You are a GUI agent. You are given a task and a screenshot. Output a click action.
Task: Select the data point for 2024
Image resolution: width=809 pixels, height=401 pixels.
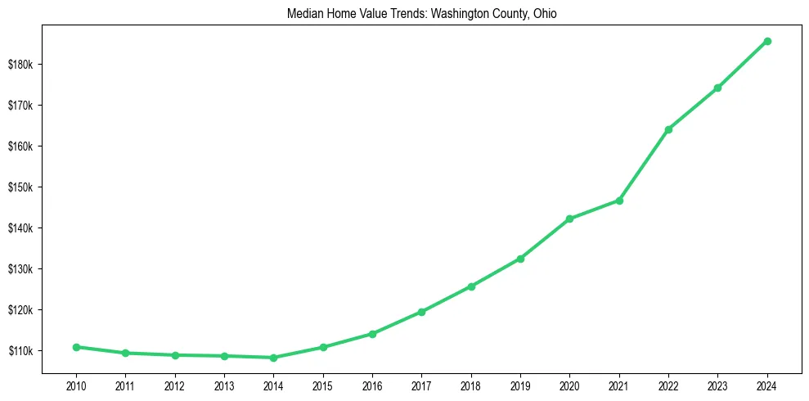tap(767, 41)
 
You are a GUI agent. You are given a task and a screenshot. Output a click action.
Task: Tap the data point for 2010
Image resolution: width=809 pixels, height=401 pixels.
tap(76, 347)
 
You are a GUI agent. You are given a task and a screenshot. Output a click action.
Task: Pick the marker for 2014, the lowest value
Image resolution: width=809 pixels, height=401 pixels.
tap(273, 358)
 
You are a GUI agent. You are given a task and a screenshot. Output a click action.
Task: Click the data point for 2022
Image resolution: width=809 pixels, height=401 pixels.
tap(668, 129)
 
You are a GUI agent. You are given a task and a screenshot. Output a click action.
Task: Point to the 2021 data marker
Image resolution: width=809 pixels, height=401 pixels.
tap(619, 200)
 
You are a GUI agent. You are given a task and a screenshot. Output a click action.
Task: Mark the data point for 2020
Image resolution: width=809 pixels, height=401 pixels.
tap(569, 219)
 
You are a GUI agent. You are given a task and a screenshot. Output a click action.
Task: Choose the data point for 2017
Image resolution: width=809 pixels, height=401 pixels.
tap(421, 312)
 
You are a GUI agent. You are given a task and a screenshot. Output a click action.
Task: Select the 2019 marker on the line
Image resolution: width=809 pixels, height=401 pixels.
tap(520, 259)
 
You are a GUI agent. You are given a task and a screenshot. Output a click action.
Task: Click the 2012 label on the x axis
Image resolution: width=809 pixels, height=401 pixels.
tap(174, 384)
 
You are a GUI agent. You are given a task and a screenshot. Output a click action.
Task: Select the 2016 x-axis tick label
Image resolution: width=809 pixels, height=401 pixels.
tap(372, 384)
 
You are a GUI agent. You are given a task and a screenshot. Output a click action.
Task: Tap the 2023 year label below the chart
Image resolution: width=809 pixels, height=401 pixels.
tap(717, 384)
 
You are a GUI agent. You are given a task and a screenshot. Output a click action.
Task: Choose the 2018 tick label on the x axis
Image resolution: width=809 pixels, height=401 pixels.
tap(471, 384)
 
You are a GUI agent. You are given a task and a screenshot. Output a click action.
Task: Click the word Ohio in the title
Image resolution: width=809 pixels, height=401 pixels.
tap(544, 15)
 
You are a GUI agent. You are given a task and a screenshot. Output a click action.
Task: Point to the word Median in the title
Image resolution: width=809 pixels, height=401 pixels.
tap(304, 15)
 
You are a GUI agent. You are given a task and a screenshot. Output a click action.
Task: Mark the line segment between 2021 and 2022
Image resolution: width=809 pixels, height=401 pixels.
tap(644, 165)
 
